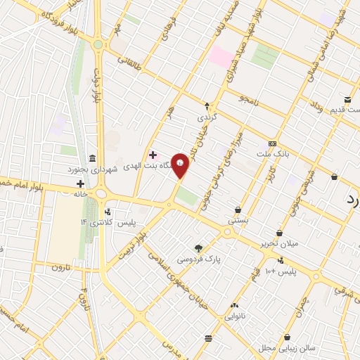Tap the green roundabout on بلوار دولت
coord(98,44)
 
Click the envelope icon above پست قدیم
coord(347,99)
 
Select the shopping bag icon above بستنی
coord(239,210)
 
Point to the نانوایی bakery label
coord(236,316)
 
